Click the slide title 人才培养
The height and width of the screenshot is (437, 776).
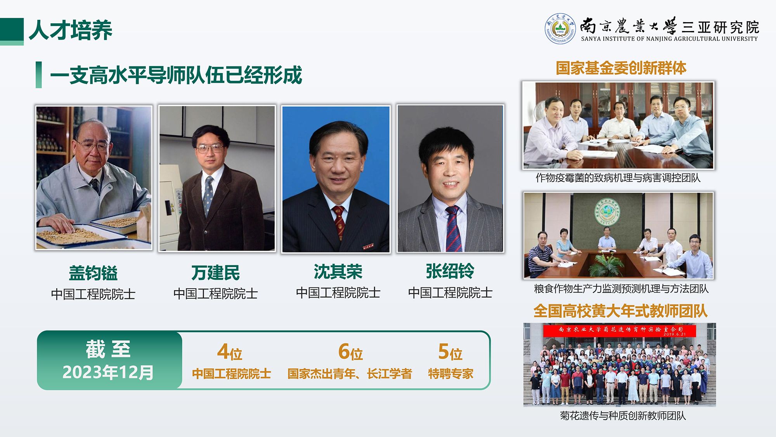point(71,30)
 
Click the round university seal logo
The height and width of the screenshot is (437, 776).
point(560,29)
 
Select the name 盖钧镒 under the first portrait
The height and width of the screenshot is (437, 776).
point(93,273)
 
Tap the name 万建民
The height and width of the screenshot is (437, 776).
point(216,273)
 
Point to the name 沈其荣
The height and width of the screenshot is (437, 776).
point(338,272)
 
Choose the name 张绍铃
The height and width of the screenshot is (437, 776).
point(450,271)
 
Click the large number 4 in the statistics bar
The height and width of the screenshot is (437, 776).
point(223,352)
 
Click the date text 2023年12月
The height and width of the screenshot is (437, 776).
point(108,372)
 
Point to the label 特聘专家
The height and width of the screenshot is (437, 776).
point(450,374)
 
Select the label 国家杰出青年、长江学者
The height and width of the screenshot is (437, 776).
point(350,374)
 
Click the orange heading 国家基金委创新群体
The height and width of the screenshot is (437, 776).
point(621,68)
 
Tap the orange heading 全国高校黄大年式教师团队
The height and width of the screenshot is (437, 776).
point(620,311)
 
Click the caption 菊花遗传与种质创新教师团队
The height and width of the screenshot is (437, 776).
point(623,416)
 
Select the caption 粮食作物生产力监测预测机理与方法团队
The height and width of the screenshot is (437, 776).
point(621,289)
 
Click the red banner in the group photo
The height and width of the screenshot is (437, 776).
point(620,331)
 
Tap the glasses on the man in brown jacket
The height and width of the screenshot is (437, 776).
point(210,148)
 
